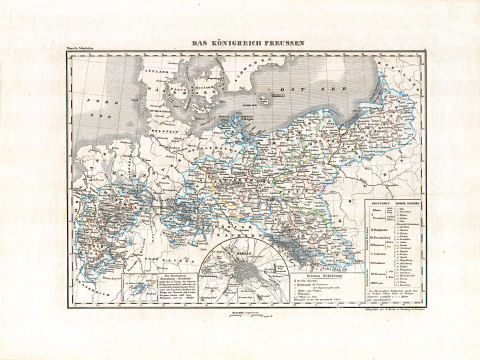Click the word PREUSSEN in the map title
click(282, 44)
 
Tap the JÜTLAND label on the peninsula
click(157, 71)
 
